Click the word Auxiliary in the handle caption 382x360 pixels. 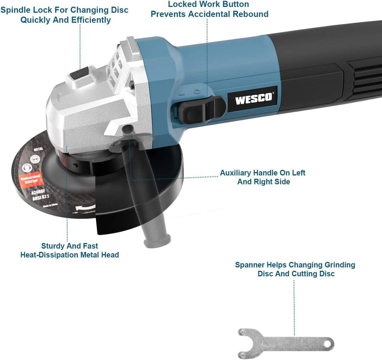(235, 173)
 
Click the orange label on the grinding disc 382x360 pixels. (31, 180)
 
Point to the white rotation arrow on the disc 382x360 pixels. (85, 207)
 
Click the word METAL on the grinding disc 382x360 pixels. (38, 149)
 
